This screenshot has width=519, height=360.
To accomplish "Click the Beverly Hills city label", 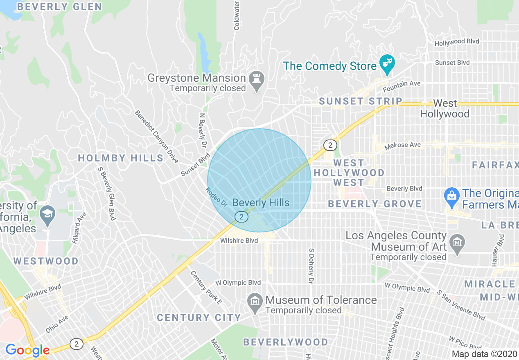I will [x=261, y=202].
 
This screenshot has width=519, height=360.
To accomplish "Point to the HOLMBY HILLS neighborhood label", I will [x=121, y=158].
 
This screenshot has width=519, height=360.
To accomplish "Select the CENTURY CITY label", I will [x=199, y=317].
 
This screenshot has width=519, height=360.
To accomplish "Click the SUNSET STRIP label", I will [x=361, y=101].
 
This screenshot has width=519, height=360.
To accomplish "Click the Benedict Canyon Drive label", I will [x=157, y=137].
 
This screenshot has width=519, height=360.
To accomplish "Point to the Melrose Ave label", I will [x=402, y=145].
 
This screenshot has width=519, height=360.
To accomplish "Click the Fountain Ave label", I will [x=402, y=84].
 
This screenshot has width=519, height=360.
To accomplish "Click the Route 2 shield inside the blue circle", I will [x=241, y=217].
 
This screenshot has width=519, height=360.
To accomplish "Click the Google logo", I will [x=27, y=350].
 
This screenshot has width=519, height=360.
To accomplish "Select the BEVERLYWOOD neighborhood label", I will [x=285, y=342].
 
